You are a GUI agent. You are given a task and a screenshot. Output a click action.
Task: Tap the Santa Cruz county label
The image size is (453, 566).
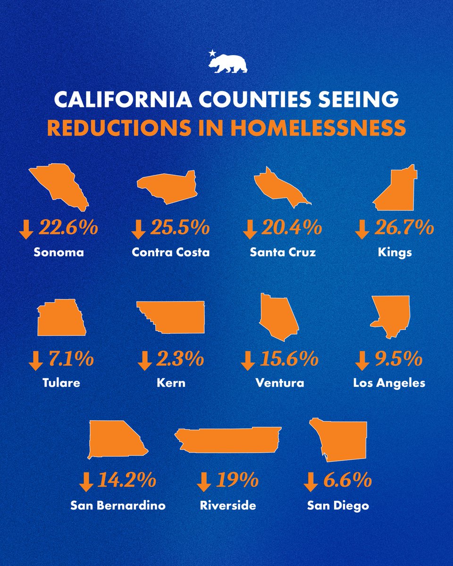coord(283,252)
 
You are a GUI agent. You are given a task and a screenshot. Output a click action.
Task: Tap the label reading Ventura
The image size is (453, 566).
coord(280,383)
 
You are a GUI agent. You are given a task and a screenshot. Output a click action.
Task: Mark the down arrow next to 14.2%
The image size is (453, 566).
coord(86,482)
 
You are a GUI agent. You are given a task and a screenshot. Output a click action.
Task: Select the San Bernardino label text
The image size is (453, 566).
coord(118,506)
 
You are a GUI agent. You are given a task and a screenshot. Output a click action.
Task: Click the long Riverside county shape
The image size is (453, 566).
coord(229,440)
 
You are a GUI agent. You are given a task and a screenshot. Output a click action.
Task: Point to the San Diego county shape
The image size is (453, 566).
coord(342,441)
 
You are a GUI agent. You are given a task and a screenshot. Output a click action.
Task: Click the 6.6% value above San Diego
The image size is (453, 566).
coord(348,481)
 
